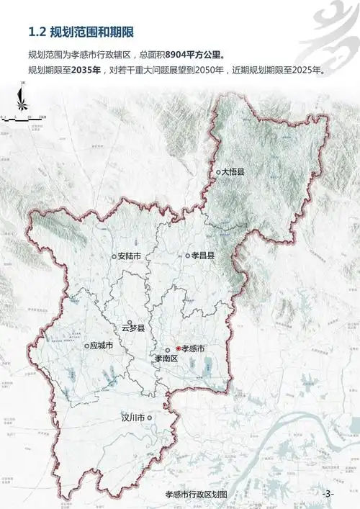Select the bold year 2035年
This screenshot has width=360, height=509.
click(x=84, y=71)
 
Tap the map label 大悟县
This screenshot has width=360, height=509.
click(x=234, y=172)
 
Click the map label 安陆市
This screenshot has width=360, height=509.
click(x=129, y=256)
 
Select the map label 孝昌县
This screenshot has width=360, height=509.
click(x=203, y=256)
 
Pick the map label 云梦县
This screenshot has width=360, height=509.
click(x=133, y=328)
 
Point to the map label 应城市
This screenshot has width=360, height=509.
click(x=102, y=346)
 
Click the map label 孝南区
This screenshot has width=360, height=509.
click(x=166, y=358)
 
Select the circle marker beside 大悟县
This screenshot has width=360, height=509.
click(x=218, y=172)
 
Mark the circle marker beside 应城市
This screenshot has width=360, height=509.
click(x=86, y=346)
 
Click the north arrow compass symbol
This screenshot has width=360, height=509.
click(x=23, y=101)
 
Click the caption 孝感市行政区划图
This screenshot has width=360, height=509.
click(x=196, y=495)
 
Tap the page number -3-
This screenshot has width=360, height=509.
click(x=328, y=494)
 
